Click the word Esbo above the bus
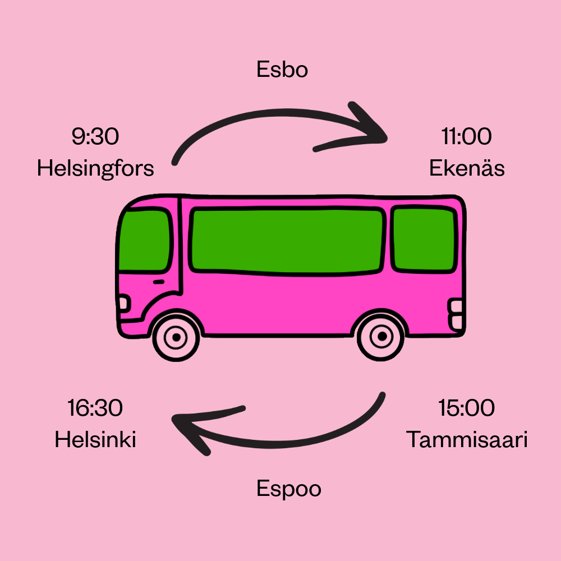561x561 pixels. tap(282, 70)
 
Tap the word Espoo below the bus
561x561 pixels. tap(289, 489)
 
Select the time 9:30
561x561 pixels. tap(95, 136)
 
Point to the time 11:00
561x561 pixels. tap(466, 136)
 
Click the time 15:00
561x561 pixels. tap(466, 408)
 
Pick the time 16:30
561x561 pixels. tap(95, 408)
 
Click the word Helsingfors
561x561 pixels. tap(95, 168)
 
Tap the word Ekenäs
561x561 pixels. tap(467, 168)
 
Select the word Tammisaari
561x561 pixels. tap(467, 440)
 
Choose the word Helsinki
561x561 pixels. tap(95, 440)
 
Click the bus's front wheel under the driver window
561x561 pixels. tap(176, 337)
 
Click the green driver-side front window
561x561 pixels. tap(145, 240)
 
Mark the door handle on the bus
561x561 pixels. tap(159, 281)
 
